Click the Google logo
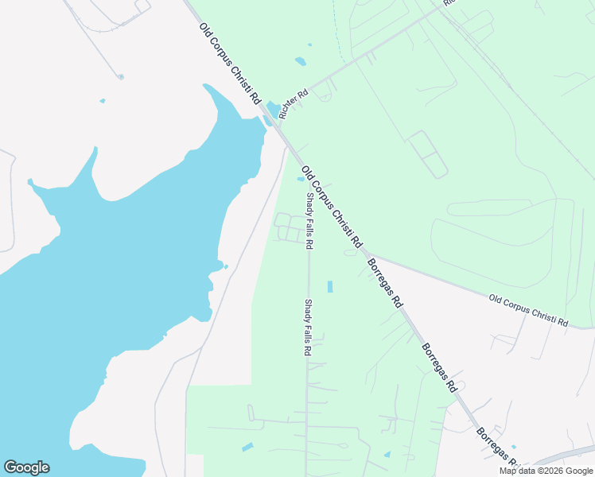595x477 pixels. pos(26,467)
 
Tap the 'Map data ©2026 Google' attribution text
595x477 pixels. pos(546,471)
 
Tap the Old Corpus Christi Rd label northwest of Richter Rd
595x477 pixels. pos(230,64)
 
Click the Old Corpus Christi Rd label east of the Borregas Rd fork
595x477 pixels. pos(529,311)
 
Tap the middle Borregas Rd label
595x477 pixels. pos(439,367)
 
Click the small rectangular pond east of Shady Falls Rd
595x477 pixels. pos(330,286)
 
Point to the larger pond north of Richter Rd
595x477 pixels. pos(300,60)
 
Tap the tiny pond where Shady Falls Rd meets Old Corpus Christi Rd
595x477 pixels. pos(301,179)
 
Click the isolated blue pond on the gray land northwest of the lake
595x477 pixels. pos(103,101)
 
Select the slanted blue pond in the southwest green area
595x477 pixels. pos(247,447)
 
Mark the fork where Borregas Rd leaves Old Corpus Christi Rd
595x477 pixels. pos(365,254)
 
